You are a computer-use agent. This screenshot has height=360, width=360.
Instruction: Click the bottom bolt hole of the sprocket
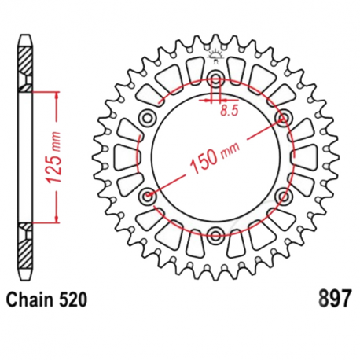pos(216,234)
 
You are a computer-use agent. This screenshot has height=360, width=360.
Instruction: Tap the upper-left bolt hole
pos(148,118)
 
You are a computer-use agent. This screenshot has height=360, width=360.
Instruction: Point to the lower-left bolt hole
pos(148,195)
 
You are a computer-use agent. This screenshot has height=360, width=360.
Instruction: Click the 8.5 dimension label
pos(230,111)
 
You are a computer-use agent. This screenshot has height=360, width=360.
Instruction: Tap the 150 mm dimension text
pos(214,158)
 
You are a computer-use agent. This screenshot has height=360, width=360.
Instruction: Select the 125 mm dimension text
pos(53,157)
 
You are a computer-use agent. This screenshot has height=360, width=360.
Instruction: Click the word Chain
pos(29,300)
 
